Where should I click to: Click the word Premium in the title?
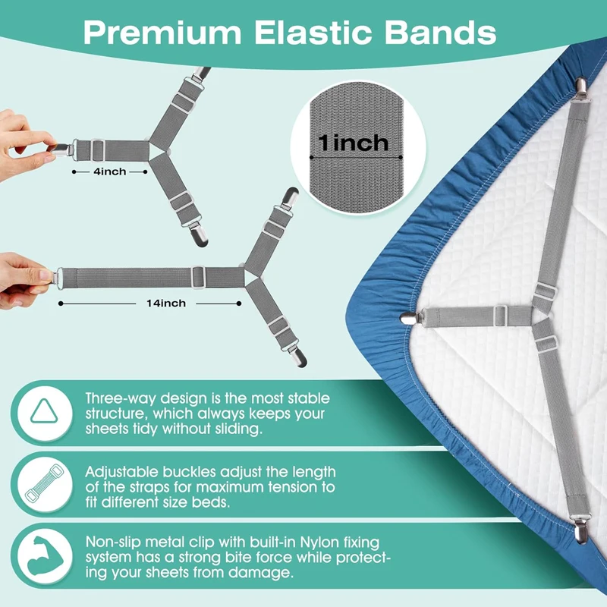[162, 33]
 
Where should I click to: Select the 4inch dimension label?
[110, 171]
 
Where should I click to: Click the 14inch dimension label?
[166, 303]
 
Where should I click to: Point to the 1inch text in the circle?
[353, 143]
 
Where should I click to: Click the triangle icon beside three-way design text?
[44, 411]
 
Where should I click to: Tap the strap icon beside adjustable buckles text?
[44, 483]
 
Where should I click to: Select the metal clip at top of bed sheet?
[581, 88]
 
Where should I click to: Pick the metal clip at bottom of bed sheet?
[580, 529]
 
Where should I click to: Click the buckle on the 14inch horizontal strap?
[198, 277]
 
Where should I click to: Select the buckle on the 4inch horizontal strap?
[98, 150]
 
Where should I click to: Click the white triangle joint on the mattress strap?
[539, 316]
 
